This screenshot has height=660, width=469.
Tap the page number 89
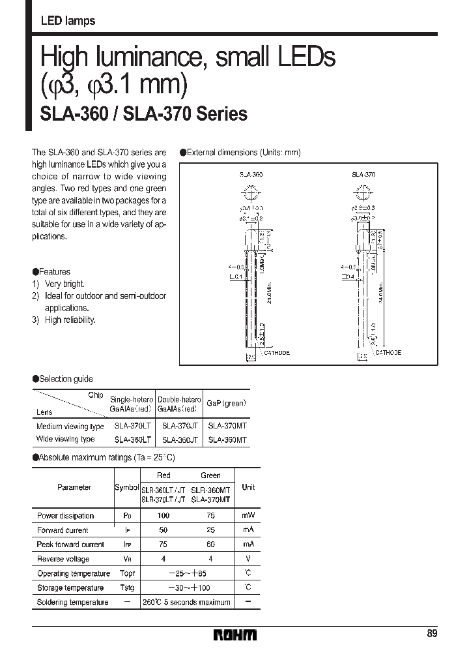click(x=431, y=634)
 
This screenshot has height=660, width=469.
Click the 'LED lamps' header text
click(x=68, y=21)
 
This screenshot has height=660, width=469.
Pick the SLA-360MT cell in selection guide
click(x=227, y=440)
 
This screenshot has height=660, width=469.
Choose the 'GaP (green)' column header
click(x=226, y=404)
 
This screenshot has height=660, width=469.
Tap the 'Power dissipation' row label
click(x=65, y=516)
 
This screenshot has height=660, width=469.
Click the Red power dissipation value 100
click(x=163, y=516)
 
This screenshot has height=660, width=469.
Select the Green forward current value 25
click(x=210, y=530)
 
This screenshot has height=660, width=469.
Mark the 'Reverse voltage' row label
click(x=63, y=559)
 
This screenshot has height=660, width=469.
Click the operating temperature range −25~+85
click(x=187, y=573)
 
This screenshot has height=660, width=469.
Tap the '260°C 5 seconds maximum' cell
click(x=186, y=602)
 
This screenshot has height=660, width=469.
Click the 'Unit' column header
click(x=248, y=487)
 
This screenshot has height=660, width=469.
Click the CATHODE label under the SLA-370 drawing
click(x=388, y=352)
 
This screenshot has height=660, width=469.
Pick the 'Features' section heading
click(x=54, y=271)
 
